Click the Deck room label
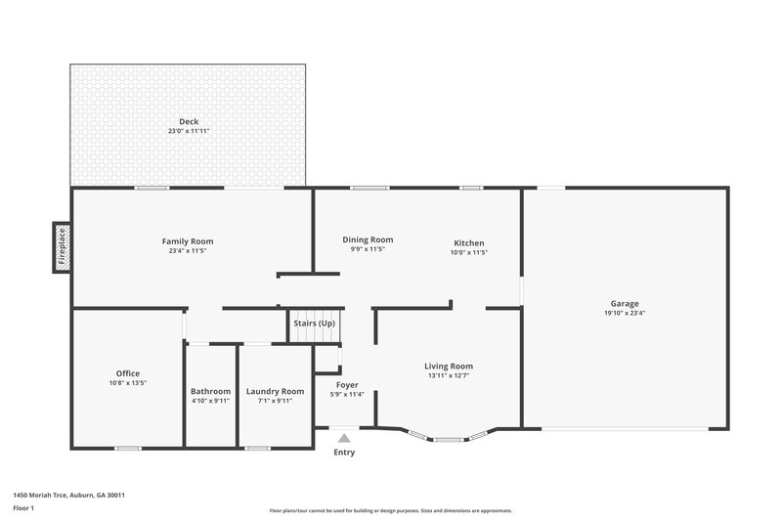click(x=188, y=121)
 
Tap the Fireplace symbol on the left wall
click(x=62, y=246)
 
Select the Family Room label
click(x=188, y=241)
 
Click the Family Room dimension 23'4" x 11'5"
click(x=188, y=251)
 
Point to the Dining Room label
click(x=368, y=239)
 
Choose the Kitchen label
click(x=468, y=243)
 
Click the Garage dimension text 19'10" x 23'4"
click(x=625, y=313)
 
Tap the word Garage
click(x=625, y=303)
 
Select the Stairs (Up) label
click(x=314, y=324)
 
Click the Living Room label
click(x=449, y=367)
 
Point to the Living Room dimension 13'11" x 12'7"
click(x=449, y=376)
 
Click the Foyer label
click(x=346, y=385)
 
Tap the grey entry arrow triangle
click(x=344, y=440)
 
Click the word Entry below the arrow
click(x=344, y=453)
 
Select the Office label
click(x=128, y=373)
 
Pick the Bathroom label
click(x=210, y=391)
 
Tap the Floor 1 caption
click(x=23, y=508)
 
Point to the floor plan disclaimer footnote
click(x=390, y=510)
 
